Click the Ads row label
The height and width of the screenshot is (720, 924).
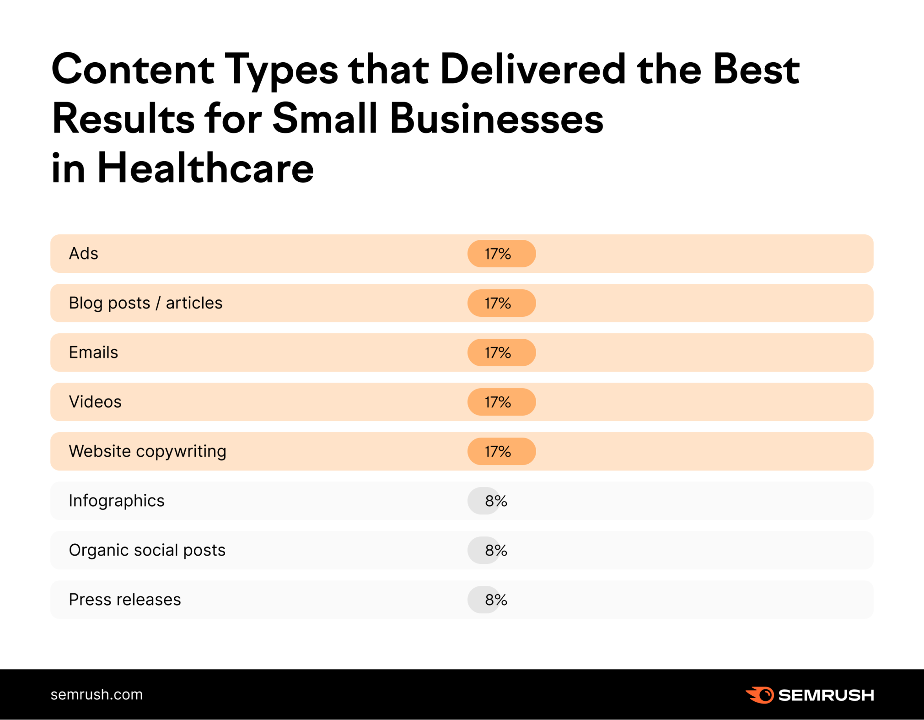pos(83,254)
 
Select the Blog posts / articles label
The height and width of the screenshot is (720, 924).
pos(145,303)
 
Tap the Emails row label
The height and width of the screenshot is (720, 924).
pos(93,352)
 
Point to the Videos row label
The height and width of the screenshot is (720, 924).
pos(95,402)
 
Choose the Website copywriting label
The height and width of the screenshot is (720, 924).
pos(147,451)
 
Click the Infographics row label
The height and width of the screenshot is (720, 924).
pos(116,501)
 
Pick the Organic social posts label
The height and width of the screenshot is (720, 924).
pos(147,550)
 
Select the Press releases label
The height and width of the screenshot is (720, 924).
pos(125,600)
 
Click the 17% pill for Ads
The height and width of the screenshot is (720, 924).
pos(501,254)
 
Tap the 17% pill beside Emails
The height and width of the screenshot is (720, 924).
pos(501,352)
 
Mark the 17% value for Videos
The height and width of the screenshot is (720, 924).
pos(501,402)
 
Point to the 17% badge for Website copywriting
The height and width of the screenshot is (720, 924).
pos(501,451)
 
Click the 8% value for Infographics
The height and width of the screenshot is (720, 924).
pos(495,501)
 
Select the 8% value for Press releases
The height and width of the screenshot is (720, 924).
pos(495,600)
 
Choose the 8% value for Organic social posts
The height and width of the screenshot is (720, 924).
pos(495,550)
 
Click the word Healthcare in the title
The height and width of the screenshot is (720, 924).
pos(205,168)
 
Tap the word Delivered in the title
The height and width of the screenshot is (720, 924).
pos(532,70)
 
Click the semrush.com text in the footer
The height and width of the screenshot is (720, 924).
pos(97,694)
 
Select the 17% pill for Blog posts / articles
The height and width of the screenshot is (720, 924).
pos(501,303)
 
